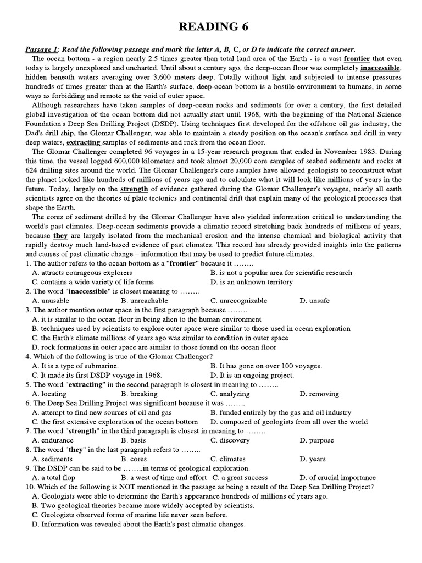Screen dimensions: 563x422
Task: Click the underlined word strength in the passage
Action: (134, 189)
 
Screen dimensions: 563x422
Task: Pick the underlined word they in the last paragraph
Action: (60, 235)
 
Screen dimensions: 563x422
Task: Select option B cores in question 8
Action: (134, 459)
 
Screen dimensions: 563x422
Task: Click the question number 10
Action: (30, 487)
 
